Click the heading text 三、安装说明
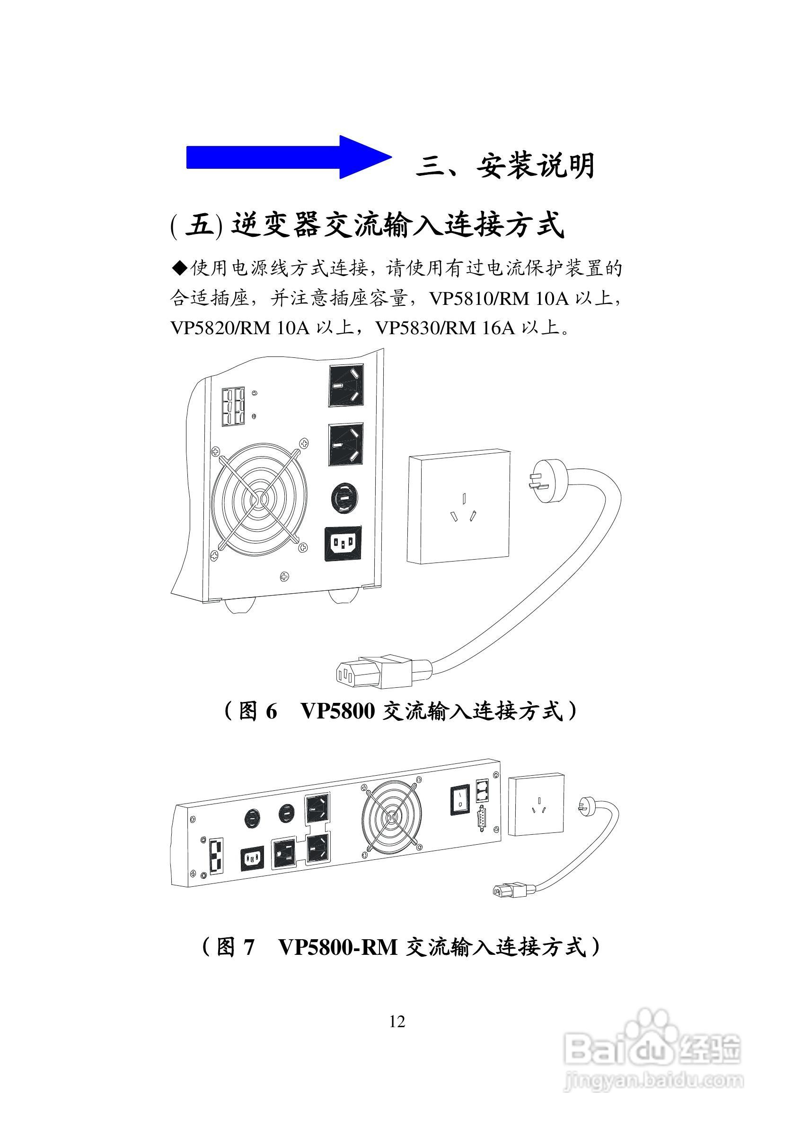pyautogui.click(x=505, y=165)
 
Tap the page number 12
pyautogui.click(x=397, y=1021)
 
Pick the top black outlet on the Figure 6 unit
pyautogui.click(x=346, y=385)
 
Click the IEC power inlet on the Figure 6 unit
pyautogui.click(x=344, y=544)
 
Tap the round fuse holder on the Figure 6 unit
pyautogui.click(x=344, y=498)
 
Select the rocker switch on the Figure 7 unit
pyautogui.click(x=460, y=800)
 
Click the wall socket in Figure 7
pyautogui.click(x=536, y=805)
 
